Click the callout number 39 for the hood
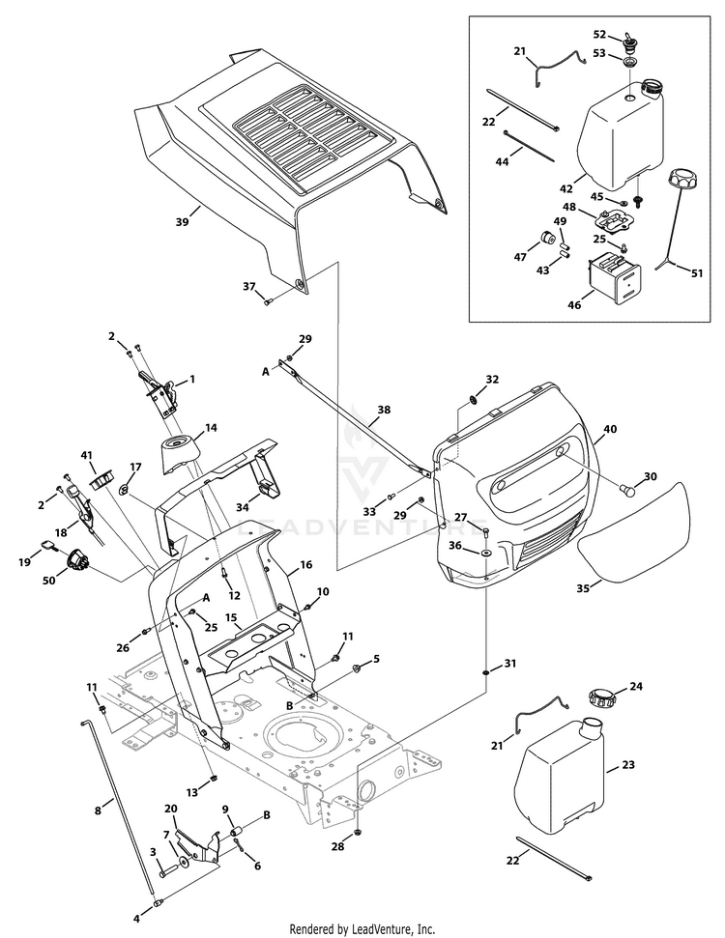[x=182, y=221]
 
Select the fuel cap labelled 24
[x=600, y=697]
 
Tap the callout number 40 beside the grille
[x=609, y=429]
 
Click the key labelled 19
[x=49, y=546]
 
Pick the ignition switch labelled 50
[x=78, y=560]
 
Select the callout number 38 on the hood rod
[x=384, y=410]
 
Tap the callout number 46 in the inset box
[x=574, y=305]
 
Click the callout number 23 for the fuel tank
[x=628, y=764]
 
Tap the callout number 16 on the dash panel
[x=305, y=564]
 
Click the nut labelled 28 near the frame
[x=358, y=831]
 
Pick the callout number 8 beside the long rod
[x=98, y=811]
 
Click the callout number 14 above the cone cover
[x=211, y=428]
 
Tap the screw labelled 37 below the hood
[x=268, y=301]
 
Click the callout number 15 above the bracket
[x=231, y=617]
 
